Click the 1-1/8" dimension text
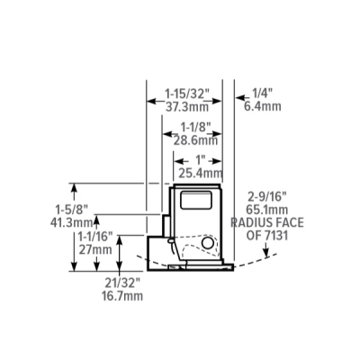[197, 128]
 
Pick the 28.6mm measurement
[197, 140]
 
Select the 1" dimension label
[200, 161]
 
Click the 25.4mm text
[200, 173]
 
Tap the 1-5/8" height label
[61, 209]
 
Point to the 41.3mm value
[61, 221]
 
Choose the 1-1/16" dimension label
[90, 236]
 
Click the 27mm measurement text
[90, 249]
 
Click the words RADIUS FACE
[268, 220]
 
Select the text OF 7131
[267, 234]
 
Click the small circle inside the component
[209, 243]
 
